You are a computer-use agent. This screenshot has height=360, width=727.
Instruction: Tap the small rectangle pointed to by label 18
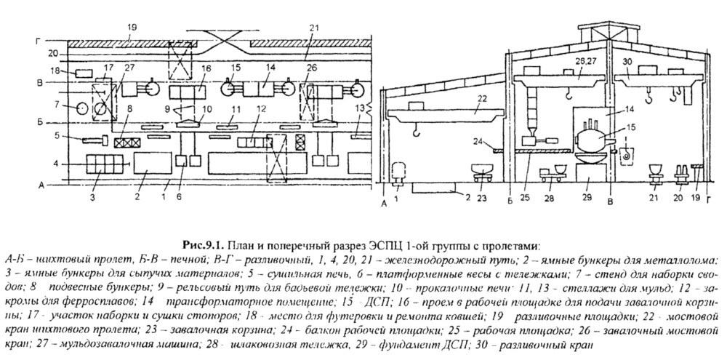click(x=83, y=73)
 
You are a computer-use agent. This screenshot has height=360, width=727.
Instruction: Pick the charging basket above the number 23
click(x=481, y=171)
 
